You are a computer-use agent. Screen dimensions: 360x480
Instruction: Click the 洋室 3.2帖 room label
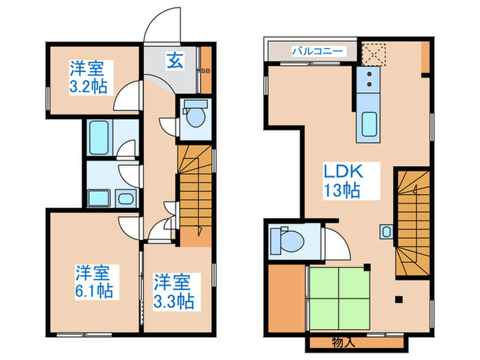pos(87,77)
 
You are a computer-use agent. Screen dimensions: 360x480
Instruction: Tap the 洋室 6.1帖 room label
pos(93,282)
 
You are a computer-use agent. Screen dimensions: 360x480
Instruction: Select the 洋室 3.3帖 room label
pos(172,291)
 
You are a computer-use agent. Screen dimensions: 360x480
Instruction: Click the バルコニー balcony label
pos(313,51)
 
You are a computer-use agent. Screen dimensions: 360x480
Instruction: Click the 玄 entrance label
pos(174,60)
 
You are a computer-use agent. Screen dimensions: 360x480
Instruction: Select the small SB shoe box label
pos(204,71)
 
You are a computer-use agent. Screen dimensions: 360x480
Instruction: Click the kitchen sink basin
pos(369,123)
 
